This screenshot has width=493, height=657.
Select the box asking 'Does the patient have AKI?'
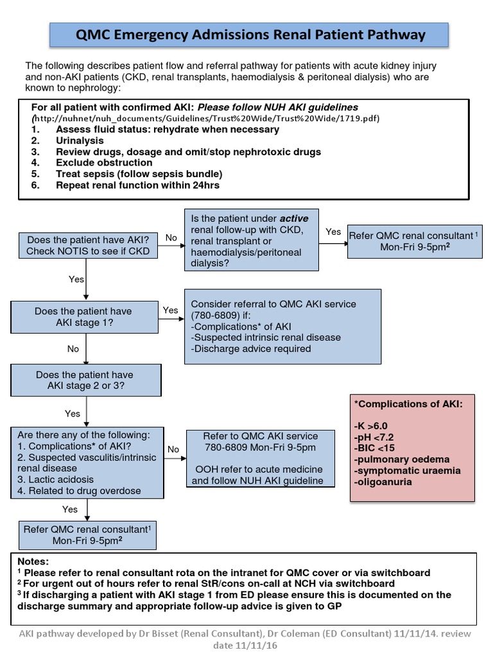pos(87,245)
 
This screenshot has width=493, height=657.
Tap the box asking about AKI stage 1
pos(83,317)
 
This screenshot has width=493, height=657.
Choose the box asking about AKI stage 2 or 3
pos(85,380)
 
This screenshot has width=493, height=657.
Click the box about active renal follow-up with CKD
pos(251,239)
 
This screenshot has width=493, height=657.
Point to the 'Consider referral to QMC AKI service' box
pos(282,327)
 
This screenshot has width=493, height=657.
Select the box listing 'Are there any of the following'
pos(87,461)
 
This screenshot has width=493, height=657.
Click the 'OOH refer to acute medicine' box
pos(261,457)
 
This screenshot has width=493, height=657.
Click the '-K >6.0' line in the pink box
pos(371,425)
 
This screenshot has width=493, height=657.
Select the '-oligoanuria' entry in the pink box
pos(384,482)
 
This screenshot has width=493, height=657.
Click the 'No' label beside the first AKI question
pos(171,238)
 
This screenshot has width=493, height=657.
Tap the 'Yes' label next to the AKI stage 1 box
pos(170,310)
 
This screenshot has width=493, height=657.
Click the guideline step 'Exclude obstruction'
pos(104,163)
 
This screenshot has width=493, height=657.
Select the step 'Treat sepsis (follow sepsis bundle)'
pos(139,174)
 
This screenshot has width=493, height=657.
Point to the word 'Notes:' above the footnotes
pos(33,561)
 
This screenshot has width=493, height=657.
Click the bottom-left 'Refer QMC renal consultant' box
pos(87,535)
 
